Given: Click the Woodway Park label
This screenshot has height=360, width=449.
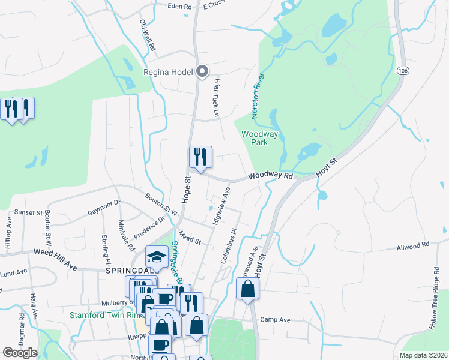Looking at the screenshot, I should pyautogui.click(x=259, y=139).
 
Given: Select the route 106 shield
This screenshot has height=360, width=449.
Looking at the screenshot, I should pyautogui.click(x=402, y=71).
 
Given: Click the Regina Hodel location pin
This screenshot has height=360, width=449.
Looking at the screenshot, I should pyautogui.click(x=202, y=72).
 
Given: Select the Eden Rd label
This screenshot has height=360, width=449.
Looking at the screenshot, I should pyautogui.click(x=179, y=6).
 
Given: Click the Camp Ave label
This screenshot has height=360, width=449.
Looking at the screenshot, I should pyautogui.click(x=275, y=320).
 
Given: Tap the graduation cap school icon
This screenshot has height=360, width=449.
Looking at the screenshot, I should pyautogui.click(x=157, y=256).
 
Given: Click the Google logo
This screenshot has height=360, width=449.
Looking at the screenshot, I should pyautogui.click(x=20, y=352).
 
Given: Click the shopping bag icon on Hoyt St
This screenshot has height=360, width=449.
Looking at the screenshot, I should pyautogui.click(x=247, y=290).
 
